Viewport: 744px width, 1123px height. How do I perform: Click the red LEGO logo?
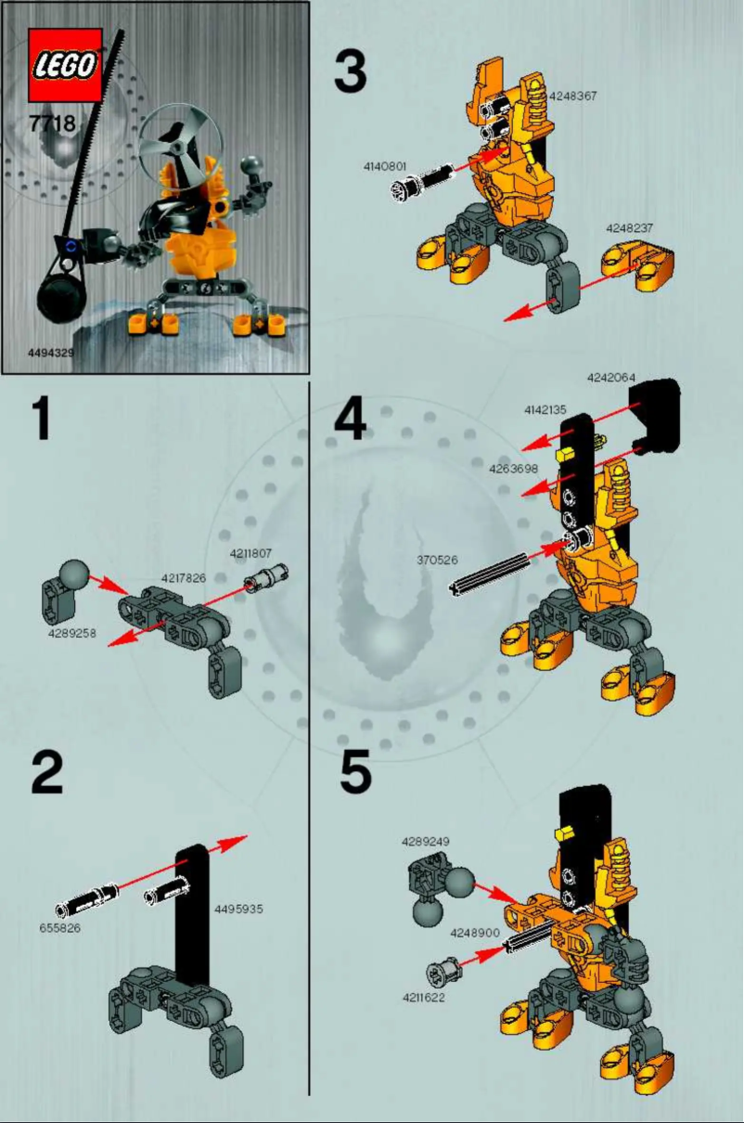65,65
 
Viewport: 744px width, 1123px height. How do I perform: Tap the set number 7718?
52,123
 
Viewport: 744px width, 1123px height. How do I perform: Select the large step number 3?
350,72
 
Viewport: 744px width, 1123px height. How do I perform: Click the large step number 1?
41,420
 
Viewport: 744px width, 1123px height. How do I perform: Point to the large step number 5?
356,773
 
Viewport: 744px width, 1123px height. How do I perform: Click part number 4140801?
385,167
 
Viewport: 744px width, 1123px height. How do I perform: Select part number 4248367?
572,95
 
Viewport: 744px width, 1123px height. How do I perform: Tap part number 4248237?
630,227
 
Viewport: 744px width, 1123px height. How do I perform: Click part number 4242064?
610,378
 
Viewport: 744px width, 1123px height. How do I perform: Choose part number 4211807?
250,554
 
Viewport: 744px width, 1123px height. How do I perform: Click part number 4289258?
71,633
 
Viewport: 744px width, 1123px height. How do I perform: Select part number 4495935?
238,909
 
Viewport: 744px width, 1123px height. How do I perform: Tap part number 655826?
60,926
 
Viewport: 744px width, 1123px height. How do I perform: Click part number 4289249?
426,841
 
